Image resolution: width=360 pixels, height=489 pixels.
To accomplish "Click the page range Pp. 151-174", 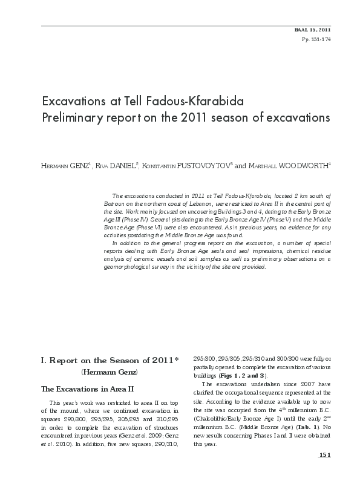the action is pos(318,39).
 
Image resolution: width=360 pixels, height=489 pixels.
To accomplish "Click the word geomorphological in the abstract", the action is pos(130,266).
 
